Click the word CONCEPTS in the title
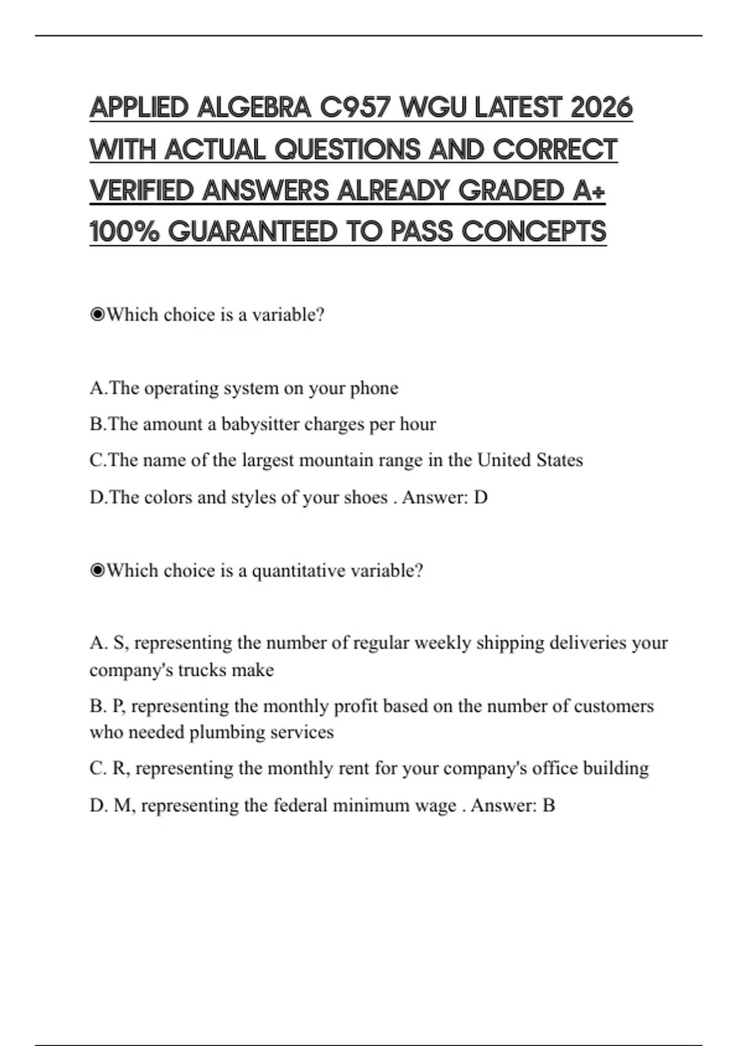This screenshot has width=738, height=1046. (534, 232)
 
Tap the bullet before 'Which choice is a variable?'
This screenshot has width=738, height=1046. (97, 315)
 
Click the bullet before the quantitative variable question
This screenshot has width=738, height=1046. (97, 571)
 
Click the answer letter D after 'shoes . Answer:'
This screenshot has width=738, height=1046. (480, 497)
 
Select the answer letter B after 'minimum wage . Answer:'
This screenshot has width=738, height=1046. (548, 805)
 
